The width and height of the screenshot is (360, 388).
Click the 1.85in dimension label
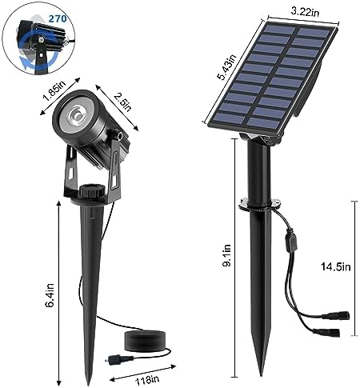coord(54,91)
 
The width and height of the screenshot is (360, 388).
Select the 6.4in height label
coord(50,295)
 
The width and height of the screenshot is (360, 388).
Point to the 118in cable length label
coord(147,380)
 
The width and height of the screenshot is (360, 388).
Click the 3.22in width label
coord(305,12)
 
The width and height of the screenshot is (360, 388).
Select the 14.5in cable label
coord(335,266)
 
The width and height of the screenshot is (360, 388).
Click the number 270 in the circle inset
coord(57,18)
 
